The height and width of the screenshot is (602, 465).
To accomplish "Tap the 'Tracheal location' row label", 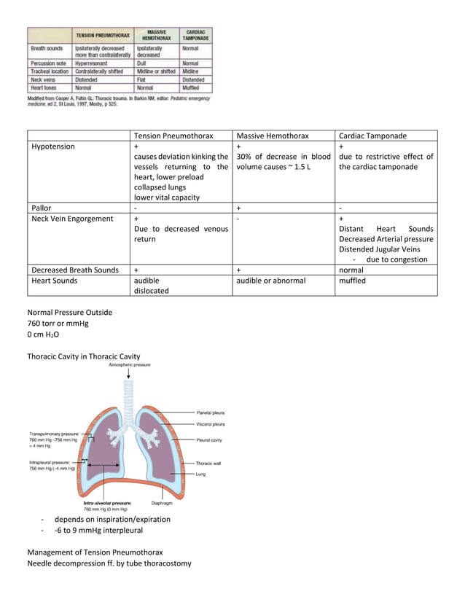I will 50,71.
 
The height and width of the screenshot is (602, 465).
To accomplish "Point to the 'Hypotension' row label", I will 53,146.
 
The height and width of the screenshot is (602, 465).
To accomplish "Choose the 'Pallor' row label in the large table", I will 42,208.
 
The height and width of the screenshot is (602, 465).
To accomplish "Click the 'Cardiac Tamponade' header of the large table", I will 372,136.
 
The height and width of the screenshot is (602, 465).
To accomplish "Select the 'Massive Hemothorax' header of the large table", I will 273,136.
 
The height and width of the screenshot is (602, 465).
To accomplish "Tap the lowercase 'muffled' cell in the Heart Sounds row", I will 353,280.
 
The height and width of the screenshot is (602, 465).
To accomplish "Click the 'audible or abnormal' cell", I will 271,280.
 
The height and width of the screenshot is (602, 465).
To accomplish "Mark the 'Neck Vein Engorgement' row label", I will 72,219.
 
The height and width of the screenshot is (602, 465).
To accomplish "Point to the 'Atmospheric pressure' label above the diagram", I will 129,364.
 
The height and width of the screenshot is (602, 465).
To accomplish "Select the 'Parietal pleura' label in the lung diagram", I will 210,413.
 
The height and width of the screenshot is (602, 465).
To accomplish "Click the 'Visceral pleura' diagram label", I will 210,423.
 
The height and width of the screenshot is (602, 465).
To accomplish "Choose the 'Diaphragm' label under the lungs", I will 161,502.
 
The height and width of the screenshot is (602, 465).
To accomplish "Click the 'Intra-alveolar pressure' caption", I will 107,502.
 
